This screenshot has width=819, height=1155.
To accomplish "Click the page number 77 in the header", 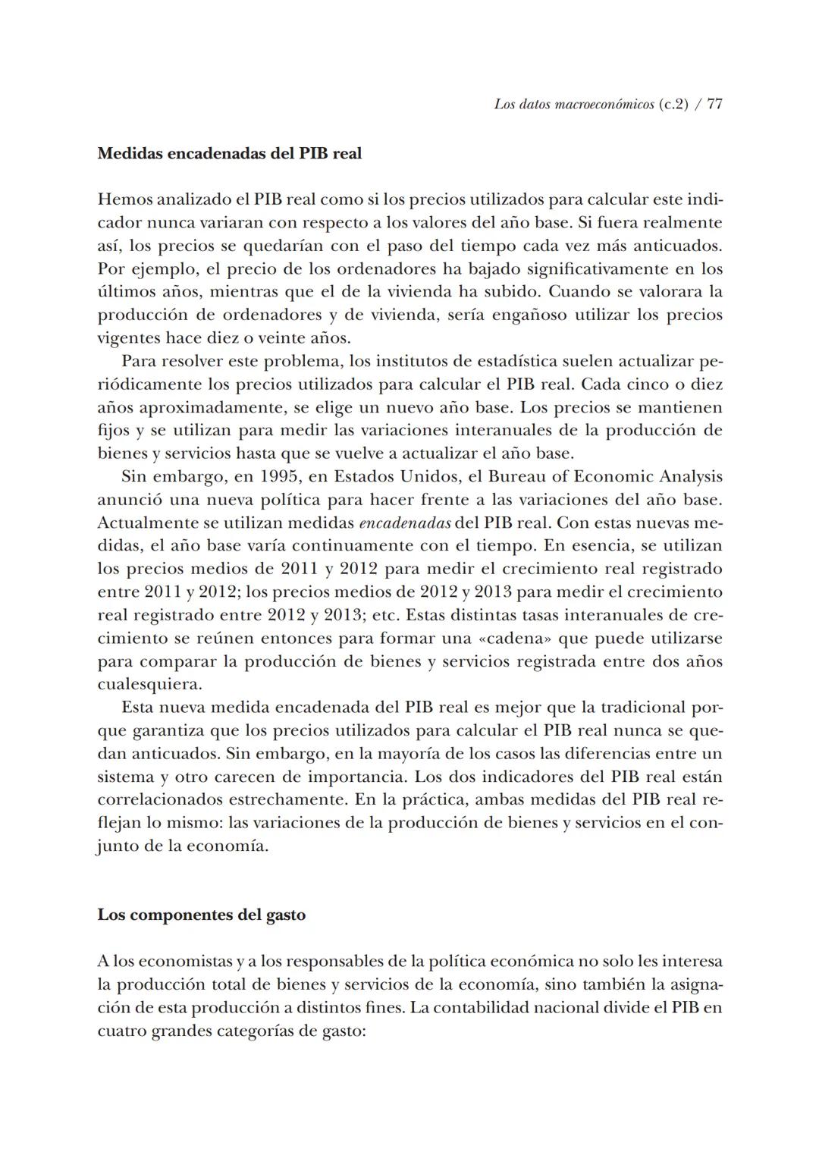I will coord(714,105).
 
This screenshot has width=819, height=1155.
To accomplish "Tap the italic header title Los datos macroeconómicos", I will coord(573,105).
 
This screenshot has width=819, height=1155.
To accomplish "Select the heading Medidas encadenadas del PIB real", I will coord(230,153).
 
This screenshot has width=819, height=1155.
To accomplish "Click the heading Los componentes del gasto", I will coord(202,915).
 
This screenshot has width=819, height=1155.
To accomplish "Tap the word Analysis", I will coord(689,477).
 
